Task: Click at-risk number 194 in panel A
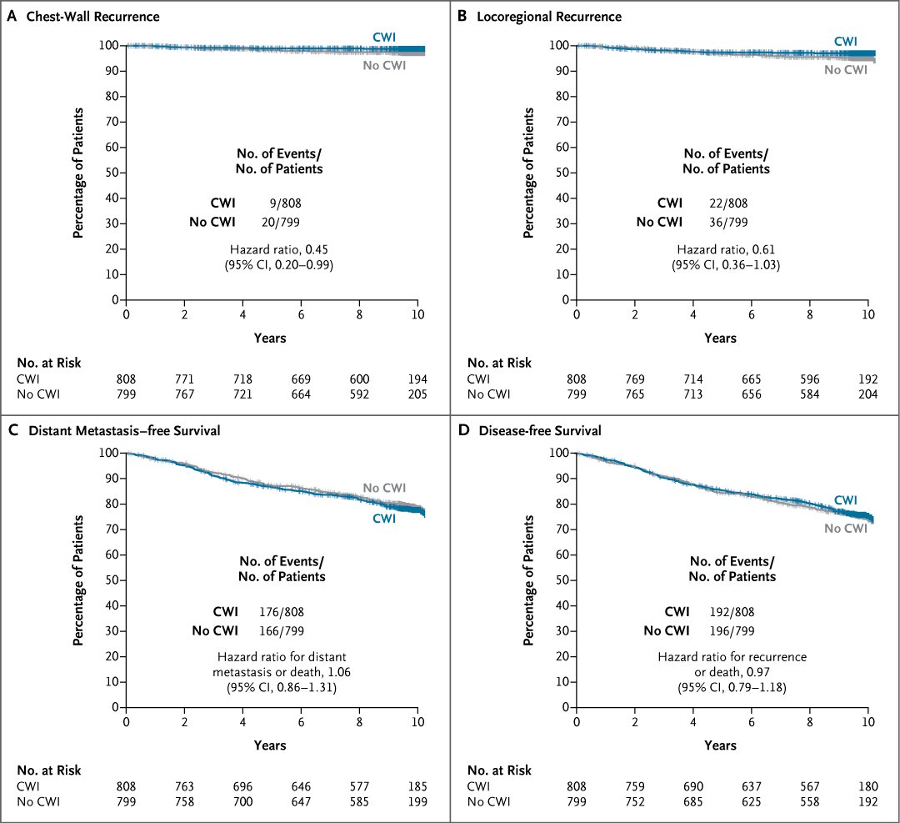tap(417, 379)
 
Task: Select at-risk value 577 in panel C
tap(359, 786)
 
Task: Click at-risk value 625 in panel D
tap(751, 802)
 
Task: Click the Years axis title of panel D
tap(720, 745)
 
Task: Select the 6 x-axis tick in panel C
tap(301, 721)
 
